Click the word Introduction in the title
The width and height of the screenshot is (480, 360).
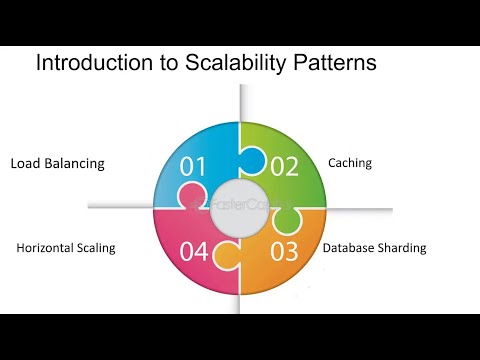tap(86, 64)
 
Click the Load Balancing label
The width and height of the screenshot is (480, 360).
tap(57, 163)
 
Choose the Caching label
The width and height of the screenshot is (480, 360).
tap(350, 162)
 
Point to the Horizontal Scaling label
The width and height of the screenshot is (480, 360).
tap(66, 248)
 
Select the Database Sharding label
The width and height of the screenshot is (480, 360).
tap(374, 248)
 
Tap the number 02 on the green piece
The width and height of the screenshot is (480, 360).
tap(285, 166)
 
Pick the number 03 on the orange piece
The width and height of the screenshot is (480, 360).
tap(285, 250)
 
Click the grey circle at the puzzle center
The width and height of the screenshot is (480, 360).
tap(239, 205)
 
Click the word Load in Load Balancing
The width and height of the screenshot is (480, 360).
tap(26, 163)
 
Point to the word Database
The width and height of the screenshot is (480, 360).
tap(346, 248)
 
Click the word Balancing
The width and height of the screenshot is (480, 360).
tap(74, 163)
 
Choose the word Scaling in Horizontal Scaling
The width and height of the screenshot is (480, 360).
tap(97, 248)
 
